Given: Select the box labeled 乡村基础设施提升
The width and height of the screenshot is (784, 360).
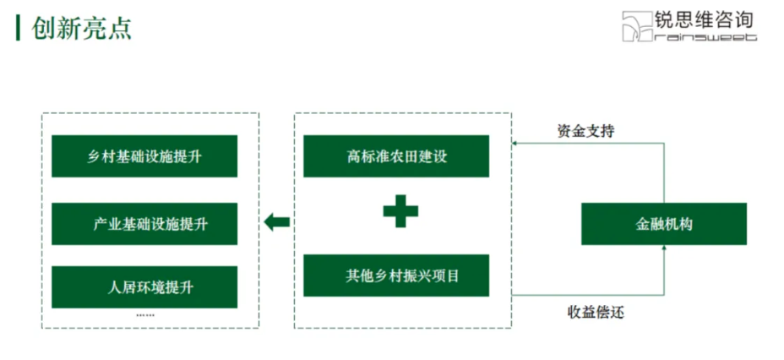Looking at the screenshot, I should tap(144, 156).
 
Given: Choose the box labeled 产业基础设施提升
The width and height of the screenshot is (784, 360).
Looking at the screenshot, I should tap(144, 224).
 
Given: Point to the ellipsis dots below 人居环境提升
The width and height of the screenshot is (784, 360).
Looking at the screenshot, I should tap(144, 315).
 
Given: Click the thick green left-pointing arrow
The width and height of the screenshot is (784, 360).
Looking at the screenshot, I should tap(276, 222).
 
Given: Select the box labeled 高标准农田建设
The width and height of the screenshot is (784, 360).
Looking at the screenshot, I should tap(395, 156).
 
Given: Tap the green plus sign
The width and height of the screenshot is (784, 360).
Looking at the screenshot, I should tap(400, 210).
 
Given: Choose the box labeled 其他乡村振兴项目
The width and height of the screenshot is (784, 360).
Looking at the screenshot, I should tap(395, 275).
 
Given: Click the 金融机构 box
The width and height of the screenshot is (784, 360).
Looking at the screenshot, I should tap(664, 224).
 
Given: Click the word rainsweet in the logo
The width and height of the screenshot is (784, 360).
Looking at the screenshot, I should tap(706, 36).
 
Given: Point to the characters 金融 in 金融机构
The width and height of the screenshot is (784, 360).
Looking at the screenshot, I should tap(650, 225).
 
